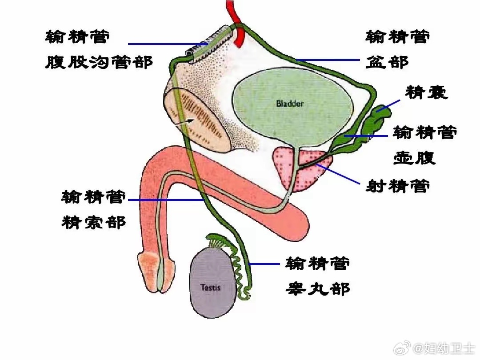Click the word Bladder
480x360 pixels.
[290, 104]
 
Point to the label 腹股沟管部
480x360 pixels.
[99, 62]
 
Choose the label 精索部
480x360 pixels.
[93, 222]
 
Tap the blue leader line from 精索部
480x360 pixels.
[167, 200]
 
